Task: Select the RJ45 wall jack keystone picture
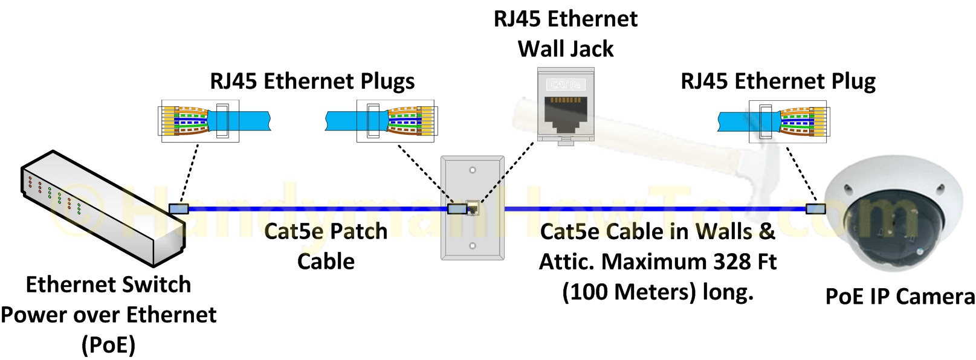(566, 106)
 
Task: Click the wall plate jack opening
(473, 209)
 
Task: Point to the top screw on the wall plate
(473, 170)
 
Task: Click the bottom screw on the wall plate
(473, 246)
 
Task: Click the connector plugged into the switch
(179, 209)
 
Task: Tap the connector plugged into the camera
(815, 209)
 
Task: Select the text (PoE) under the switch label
(109, 345)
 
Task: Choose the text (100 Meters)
(629, 292)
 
